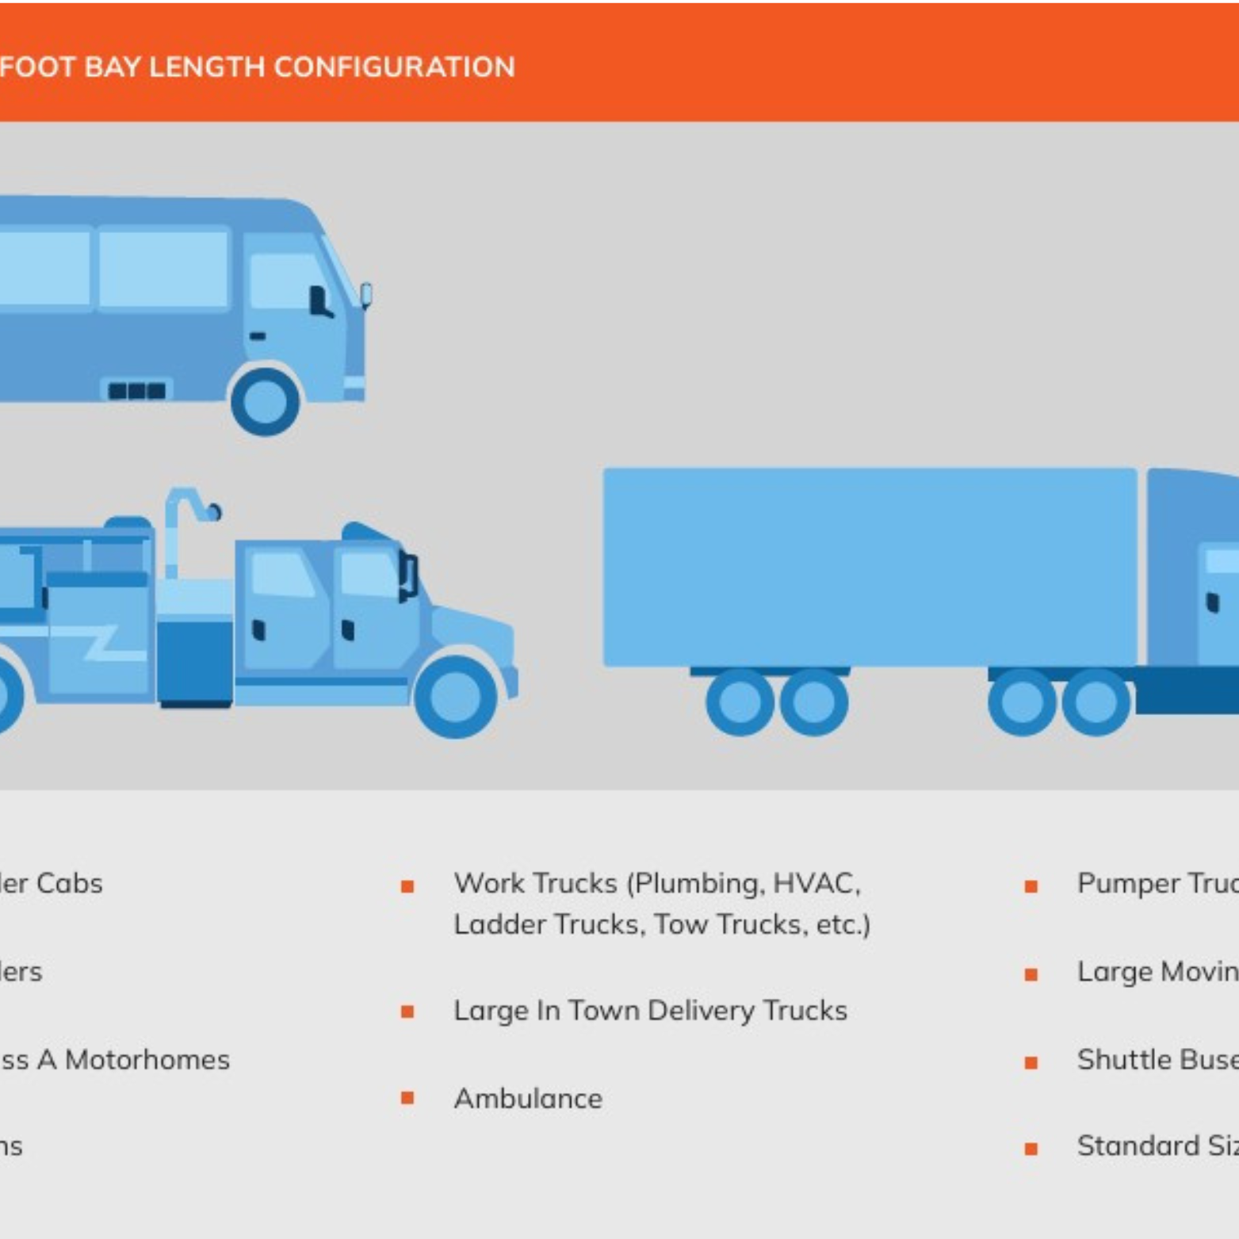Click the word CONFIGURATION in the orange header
click(394, 67)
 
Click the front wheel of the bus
click(265, 401)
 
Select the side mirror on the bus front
click(366, 295)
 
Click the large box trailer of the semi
click(869, 566)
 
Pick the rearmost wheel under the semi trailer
click(740, 702)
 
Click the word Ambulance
click(528, 1099)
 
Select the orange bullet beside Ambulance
click(407, 1098)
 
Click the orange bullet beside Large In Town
click(407, 1011)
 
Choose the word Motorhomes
click(147, 1060)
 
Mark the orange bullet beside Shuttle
click(1031, 1062)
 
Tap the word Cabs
click(70, 883)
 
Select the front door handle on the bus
click(258, 336)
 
